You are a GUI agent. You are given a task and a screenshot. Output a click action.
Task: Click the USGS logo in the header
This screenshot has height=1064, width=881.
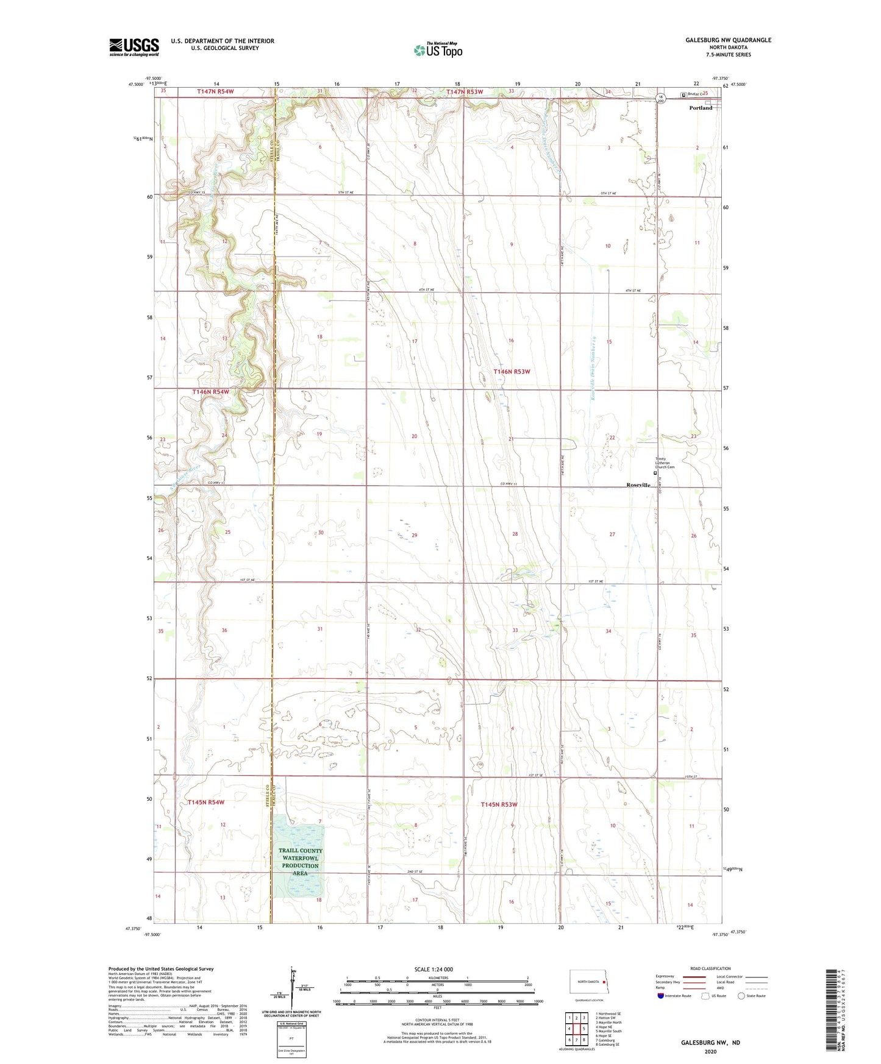134,47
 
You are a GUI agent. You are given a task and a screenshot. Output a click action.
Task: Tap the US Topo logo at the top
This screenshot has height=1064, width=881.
438,50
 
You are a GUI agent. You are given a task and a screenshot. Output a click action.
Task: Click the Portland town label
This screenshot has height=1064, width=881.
701,108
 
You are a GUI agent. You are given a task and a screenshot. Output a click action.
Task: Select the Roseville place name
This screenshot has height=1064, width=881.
638,485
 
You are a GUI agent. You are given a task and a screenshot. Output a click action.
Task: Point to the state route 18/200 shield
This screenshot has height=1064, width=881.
660,99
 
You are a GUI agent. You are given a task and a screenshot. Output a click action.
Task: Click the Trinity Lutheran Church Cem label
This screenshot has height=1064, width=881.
665,463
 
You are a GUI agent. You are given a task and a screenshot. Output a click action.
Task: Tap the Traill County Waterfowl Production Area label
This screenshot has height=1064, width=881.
300,862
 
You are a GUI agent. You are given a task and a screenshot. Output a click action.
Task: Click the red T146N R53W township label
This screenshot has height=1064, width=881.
512,371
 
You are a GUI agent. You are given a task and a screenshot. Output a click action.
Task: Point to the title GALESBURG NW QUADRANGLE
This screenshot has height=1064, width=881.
728,40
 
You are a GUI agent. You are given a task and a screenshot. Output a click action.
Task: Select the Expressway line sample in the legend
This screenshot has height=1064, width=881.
693,976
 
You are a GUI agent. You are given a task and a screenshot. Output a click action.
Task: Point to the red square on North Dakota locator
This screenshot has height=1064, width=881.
604,982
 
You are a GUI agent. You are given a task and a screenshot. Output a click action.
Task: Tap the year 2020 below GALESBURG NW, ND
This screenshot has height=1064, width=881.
710,1051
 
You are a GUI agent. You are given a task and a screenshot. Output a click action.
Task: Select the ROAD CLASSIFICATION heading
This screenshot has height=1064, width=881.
710,968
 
